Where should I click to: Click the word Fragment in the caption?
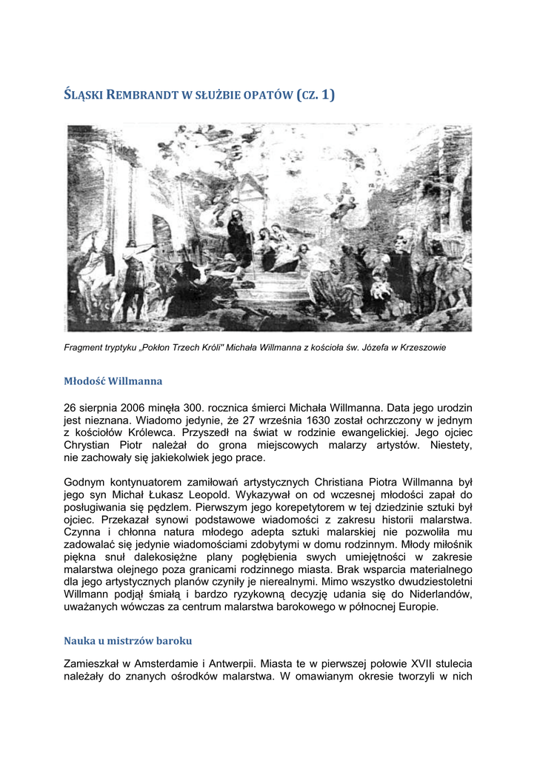pos(83,347)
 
